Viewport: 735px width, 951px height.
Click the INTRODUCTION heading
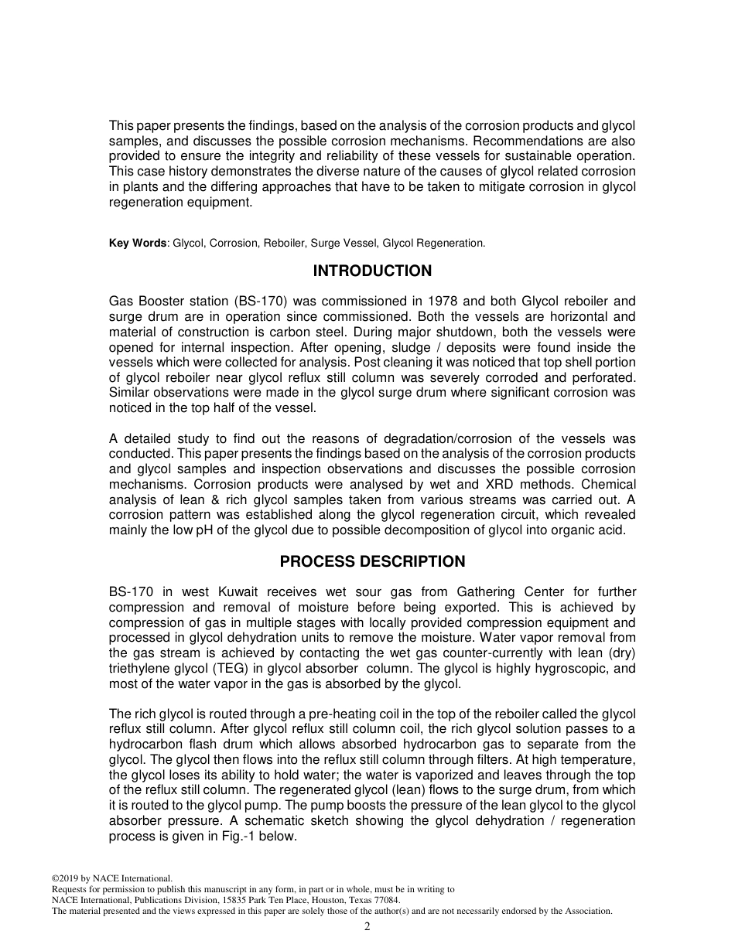(372, 271)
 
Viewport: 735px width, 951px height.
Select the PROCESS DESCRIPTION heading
(372, 562)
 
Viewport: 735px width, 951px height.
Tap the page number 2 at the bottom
(367, 927)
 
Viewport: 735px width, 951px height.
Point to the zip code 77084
(385, 900)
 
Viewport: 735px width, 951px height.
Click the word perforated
(606, 377)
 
